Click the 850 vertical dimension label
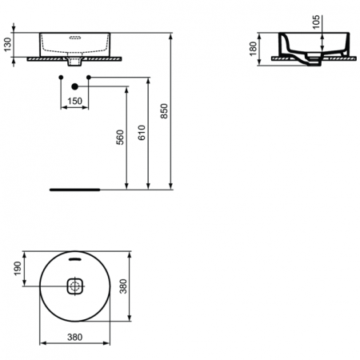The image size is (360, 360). tap(166, 112)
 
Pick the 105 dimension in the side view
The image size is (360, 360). tap(317, 22)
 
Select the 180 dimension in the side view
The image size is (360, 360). tap(254, 47)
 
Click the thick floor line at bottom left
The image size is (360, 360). tap(74, 190)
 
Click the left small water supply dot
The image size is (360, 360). tap(61, 77)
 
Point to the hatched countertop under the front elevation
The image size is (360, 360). tap(48, 58)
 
